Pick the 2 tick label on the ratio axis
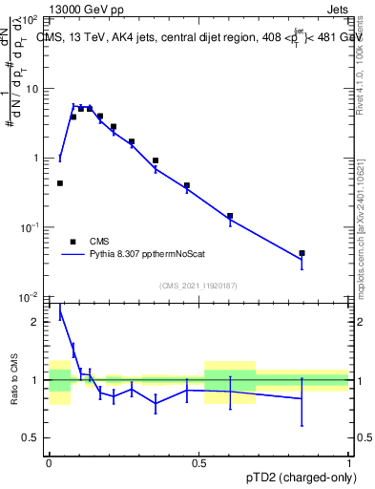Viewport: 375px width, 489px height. coord(34,322)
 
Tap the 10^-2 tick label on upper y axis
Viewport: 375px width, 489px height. coord(29,297)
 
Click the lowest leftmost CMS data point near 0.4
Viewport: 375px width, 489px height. coord(60,183)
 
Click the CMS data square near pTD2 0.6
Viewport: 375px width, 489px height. coord(230,216)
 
